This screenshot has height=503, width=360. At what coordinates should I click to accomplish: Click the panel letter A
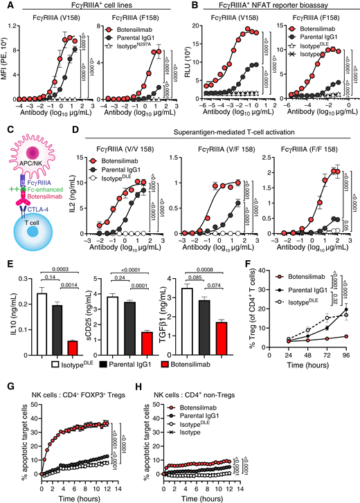point(6,6)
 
